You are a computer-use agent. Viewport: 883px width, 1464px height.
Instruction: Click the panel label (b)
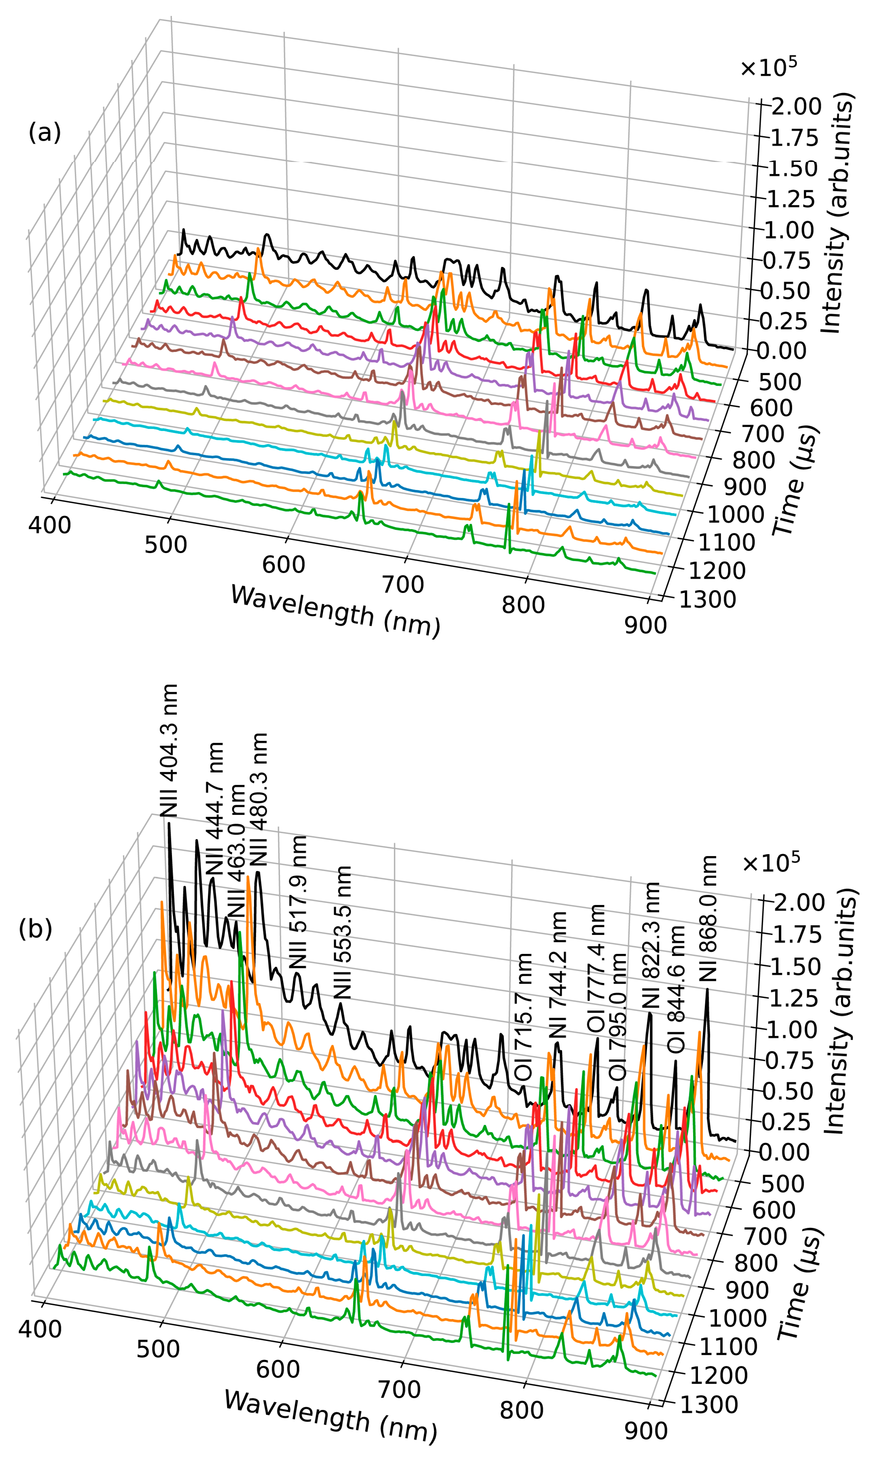[36, 928]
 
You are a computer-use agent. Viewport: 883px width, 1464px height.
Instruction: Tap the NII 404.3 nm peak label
[169, 751]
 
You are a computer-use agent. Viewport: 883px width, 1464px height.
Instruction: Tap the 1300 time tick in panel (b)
[708, 1405]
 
